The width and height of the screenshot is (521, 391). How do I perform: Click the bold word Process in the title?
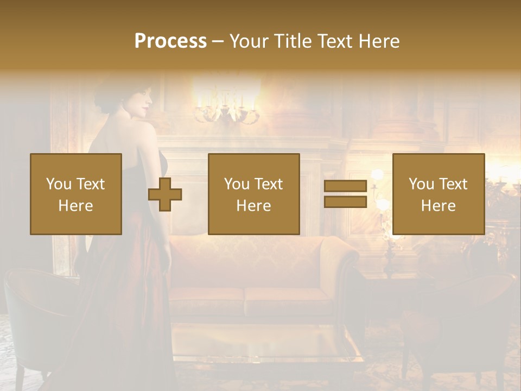[170, 41]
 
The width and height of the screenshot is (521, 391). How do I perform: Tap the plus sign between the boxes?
[165, 194]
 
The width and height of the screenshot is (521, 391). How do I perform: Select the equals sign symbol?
[345, 194]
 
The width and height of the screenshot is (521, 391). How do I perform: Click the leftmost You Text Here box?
[76, 194]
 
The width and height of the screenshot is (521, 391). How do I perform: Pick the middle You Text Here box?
[253, 194]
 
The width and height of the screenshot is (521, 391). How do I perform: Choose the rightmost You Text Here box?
[438, 194]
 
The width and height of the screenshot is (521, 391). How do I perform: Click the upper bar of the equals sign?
[345, 186]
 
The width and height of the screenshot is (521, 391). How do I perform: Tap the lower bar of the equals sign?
[345, 201]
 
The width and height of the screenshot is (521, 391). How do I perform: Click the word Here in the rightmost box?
[438, 206]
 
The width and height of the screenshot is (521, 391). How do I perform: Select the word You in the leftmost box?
[59, 184]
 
